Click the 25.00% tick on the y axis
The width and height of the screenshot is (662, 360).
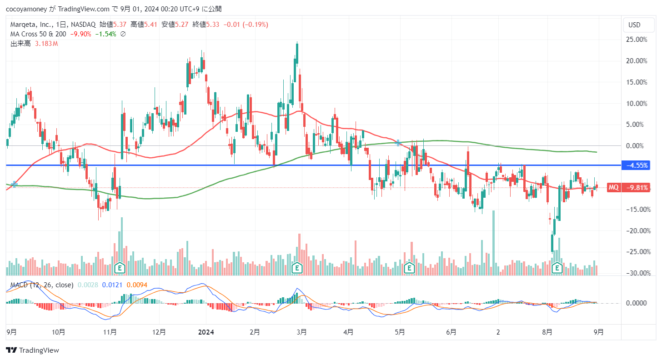pyautogui.click(x=637, y=40)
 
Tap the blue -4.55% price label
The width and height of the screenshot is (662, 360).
pyautogui.click(x=637, y=165)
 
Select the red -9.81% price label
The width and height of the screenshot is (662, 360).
pyautogui.click(x=637, y=187)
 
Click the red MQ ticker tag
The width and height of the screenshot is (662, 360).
pyautogui.click(x=614, y=187)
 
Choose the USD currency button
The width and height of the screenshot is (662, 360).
pyautogui.click(x=634, y=25)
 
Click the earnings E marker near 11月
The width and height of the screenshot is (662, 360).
pyautogui.click(x=120, y=267)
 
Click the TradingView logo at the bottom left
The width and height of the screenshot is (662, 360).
pyautogui.click(x=32, y=350)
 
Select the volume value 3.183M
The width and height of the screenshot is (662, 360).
pyautogui.click(x=46, y=44)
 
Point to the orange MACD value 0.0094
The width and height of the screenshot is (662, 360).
pyautogui.click(x=136, y=285)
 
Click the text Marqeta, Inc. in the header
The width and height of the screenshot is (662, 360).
pyautogui.click(x=30, y=25)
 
